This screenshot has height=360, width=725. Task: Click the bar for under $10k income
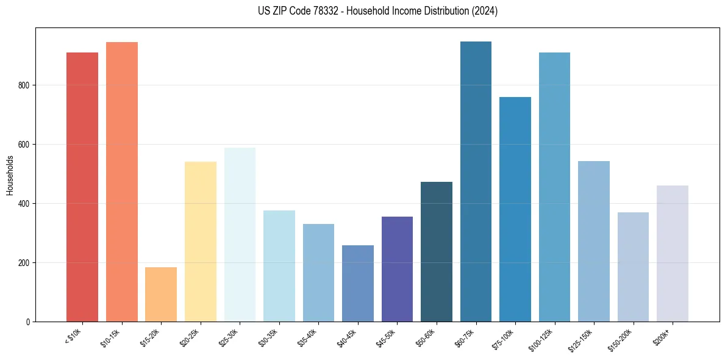pyautogui.click(x=82, y=187)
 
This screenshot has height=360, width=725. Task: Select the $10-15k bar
pyautogui.click(x=122, y=182)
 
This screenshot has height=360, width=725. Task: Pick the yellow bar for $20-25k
pyautogui.click(x=201, y=242)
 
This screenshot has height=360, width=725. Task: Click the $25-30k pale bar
pyautogui.click(x=240, y=234)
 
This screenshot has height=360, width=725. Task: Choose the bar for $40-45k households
pyautogui.click(x=358, y=283)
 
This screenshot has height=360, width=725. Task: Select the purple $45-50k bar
pyautogui.click(x=397, y=269)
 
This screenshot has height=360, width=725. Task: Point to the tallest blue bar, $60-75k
pyautogui.click(x=476, y=181)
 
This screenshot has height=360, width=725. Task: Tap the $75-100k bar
pyautogui.click(x=515, y=209)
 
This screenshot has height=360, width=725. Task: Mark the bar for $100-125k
pyautogui.click(x=554, y=187)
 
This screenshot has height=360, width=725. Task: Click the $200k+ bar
pyautogui.click(x=673, y=253)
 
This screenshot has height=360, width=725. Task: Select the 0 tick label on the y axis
pyautogui.click(x=29, y=322)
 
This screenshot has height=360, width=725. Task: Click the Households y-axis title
pyautogui.click(x=10, y=175)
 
